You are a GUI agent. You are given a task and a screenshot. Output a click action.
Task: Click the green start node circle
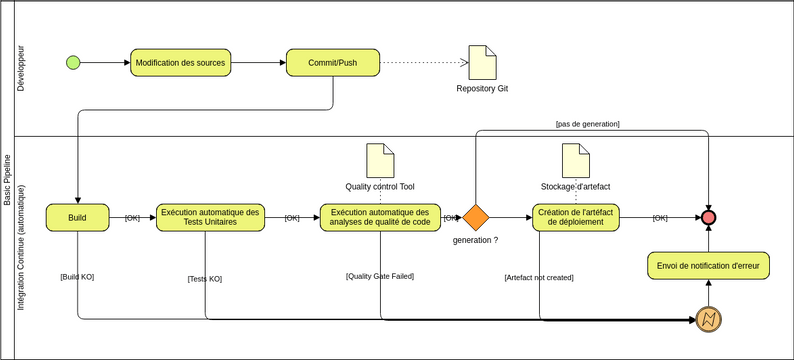click(73, 63)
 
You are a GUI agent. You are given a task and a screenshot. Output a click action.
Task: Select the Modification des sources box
click(180, 63)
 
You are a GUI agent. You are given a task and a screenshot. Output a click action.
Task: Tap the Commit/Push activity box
click(333, 63)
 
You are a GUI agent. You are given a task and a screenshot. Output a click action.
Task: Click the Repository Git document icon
click(483, 63)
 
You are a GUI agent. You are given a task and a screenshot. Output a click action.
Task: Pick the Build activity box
click(77, 218)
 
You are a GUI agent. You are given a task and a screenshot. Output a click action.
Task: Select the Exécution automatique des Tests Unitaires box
click(210, 218)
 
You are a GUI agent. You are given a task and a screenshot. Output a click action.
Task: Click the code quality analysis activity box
click(380, 218)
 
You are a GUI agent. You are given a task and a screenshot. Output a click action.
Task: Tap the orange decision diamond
click(475, 218)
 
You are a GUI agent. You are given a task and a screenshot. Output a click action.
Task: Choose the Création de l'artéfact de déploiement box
click(576, 218)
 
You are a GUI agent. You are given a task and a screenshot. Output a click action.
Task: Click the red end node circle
click(708, 218)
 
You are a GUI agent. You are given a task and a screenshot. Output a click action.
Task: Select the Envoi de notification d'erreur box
click(708, 266)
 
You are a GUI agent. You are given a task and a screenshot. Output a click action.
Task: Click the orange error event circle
click(708, 319)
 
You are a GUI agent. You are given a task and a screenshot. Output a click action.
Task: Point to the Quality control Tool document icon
click(380, 161)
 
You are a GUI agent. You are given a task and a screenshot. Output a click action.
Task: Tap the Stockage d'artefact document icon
click(575, 161)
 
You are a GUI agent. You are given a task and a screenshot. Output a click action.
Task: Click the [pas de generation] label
click(587, 124)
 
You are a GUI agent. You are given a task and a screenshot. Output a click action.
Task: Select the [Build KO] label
click(77, 276)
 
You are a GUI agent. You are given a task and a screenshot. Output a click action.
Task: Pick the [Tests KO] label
click(205, 279)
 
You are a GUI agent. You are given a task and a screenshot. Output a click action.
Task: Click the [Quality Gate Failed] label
click(380, 276)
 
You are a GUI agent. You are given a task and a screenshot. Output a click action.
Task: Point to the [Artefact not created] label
click(539, 277)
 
